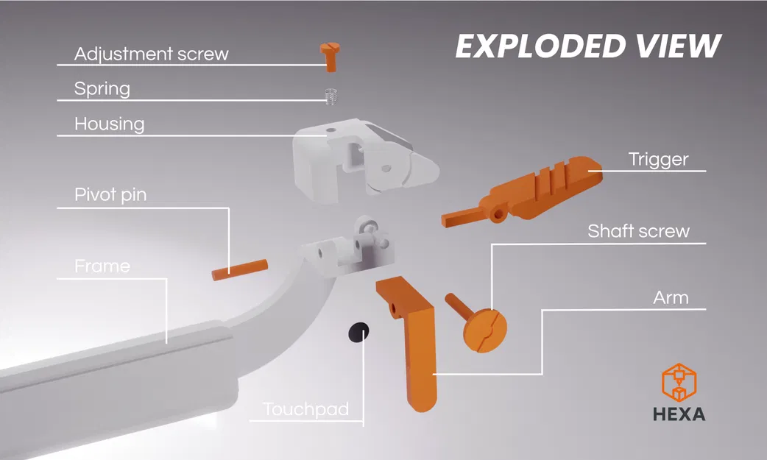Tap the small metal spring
pyautogui.click(x=332, y=96)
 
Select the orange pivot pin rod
pyautogui.click(x=240, y=269)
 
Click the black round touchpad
pyautogui.click(x=358, y=333)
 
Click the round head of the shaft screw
pyautogui.click(x=485, y=330)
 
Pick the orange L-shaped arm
pyautogui.click(x=411, y=338)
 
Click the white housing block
pyautogui.click(x=364, y=159)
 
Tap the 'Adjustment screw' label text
pyautogui.click(x=151, y=54)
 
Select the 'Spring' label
pyautogui.click(x=102, y=89)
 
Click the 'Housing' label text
pyautogui.click(x=109, y=124)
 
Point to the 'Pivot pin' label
pyautogui.click(x=110, y=195)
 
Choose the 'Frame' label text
pyautogui.click(x=102, y=266)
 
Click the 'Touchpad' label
pyautogui.click(x=305, y=408)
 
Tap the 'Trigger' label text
pyautogui.click(x=658, y=160)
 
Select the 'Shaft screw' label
pyautogui.click(x=638, y=231)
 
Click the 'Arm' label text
pyautogui.click(x=671, y=297)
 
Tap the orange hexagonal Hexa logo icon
pyautogui.click(x=679, y=383)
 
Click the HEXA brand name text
pyautogui.click(x=679, y=414)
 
